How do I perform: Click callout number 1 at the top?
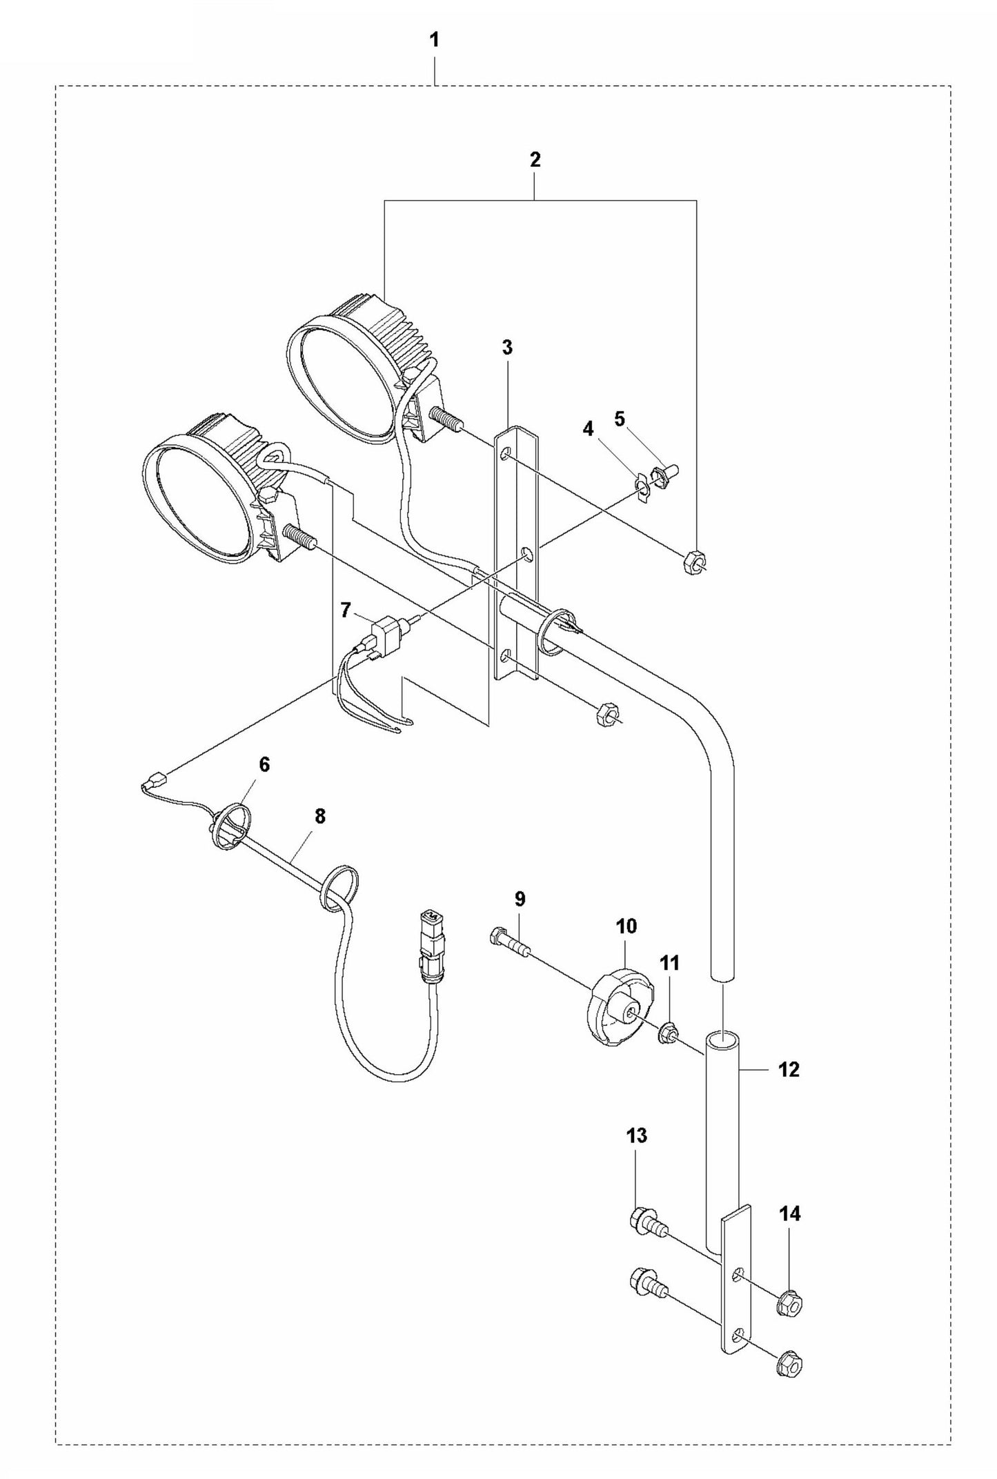click(434, 40)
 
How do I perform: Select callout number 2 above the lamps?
click(535, 160)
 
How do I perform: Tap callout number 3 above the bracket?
click(507, 348)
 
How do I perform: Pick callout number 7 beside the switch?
click(346, 609)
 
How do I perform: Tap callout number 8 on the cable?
click(319, 816)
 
